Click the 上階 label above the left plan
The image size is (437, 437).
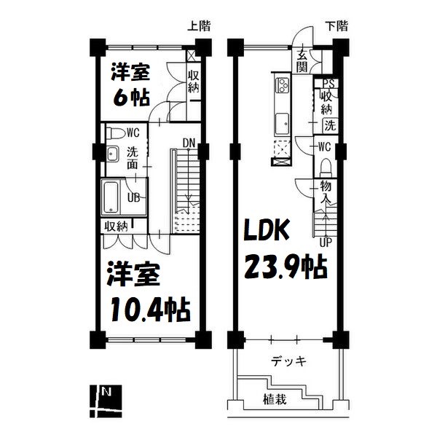(x=199, y=26)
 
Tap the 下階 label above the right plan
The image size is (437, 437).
(x=336, y=26)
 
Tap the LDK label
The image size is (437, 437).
(x=267, y=232)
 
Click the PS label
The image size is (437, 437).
(x=329, y=84)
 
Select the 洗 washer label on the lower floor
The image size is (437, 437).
(x=330, y=125)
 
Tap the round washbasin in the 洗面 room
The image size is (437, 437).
(x=111, y=154)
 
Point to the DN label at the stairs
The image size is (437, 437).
(x=189, y=142)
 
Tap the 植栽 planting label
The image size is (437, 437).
(x=274, y=399)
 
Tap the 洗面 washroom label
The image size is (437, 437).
(x=133, y=158)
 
